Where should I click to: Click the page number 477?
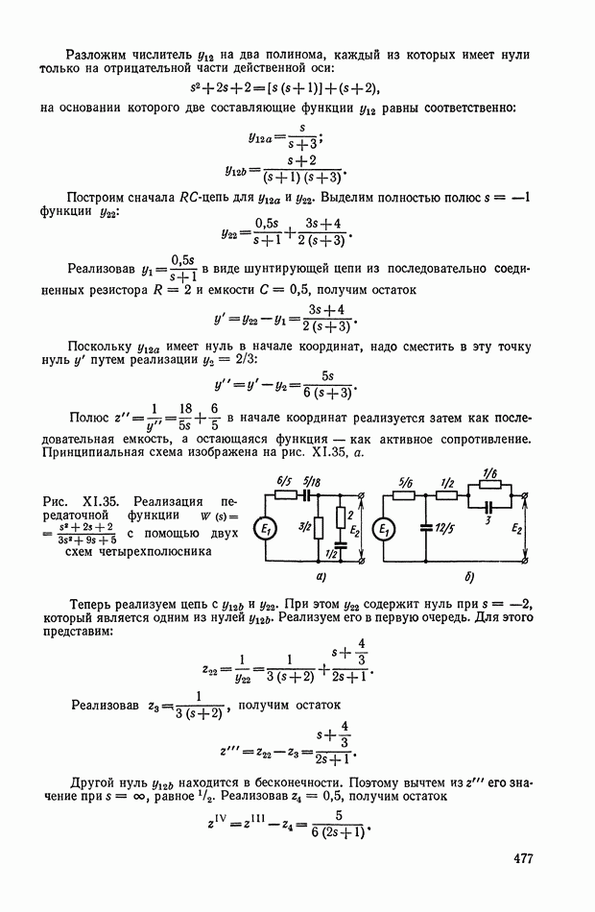pos(514,858)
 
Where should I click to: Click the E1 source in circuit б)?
pos(384,530)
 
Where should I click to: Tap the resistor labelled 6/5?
pos(285,496)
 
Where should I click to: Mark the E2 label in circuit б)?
pos(517,527)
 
